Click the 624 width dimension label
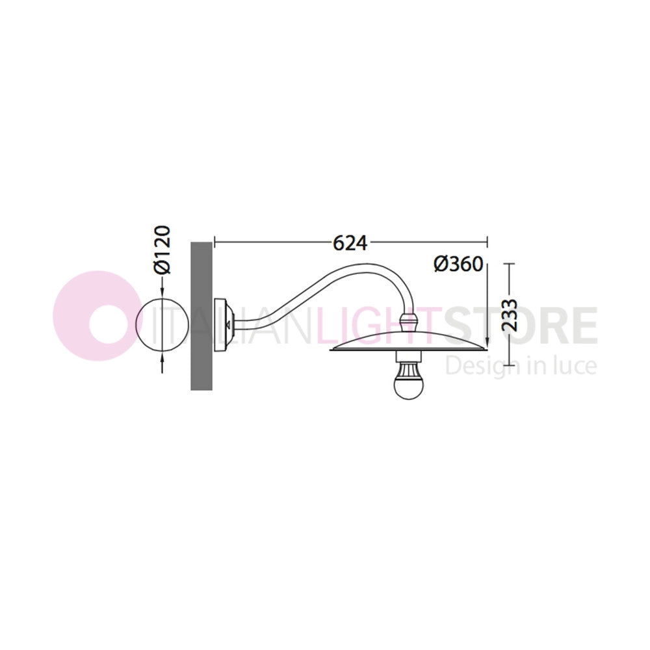tap(350, 244)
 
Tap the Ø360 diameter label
tap(458, 264)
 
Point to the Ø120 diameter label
tap(162, 250)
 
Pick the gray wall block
tap(201, 316)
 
